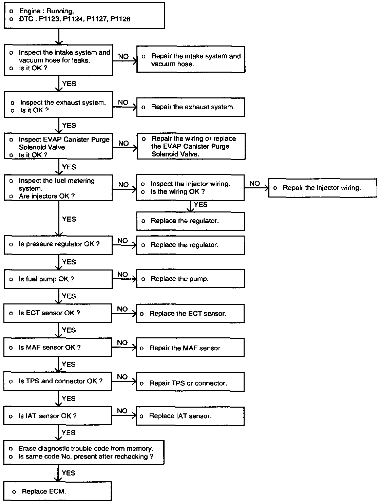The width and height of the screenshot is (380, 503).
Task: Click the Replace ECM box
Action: pyautogui.click(x=57, y=491)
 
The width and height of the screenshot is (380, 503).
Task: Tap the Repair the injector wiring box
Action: pyautogui.click(x=322, y=188)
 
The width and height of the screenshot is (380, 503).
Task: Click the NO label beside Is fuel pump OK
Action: pyautogui.click(x=122, y=274)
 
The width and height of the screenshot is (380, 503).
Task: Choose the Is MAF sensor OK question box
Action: pyautogui.click(x=58, y=347)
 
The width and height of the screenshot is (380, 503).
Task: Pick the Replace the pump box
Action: pyautogui.click(x=190, y=279)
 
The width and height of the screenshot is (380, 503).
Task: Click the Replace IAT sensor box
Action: pyautogui.click(x=190, y=416)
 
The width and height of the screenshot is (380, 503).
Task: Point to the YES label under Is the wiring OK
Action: pyautogui.click(x=201, y=204)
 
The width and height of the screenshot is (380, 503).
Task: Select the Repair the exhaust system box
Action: pyautogui.click(x=191, y=107)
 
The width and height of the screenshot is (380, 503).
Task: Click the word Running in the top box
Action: pyautogui.click(x=60, y=11)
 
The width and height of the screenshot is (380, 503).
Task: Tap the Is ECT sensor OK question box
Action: pyautogui.click(x=58, y=313)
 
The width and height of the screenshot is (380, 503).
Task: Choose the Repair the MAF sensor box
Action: pyautogui.click(x=190, y=348)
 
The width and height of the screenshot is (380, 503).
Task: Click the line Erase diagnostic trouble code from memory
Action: pyautogui.click(x=85, y=449)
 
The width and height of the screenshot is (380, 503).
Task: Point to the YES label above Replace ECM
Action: pyautogui.click(x=69, y=473)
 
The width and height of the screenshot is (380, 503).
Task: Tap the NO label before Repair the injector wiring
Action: pyautogui.click(x=254, y=184)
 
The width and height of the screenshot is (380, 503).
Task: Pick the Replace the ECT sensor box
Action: pyautogui.click(x=190, y=314)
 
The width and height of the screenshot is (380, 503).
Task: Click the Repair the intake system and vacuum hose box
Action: pyautogui.click(x=191, y=60)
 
